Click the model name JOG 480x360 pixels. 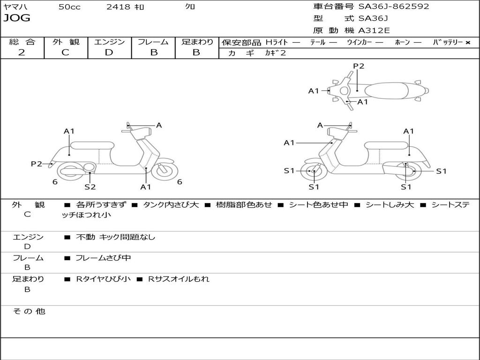click(x=17, y=18)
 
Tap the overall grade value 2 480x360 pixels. click(x=22, y=52)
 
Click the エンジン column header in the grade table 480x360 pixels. click(x=109, y=42)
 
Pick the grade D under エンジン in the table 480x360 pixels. click(x=109, y=52)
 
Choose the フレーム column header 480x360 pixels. click(x=153, y=42)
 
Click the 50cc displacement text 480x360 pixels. click(x=69, y=7)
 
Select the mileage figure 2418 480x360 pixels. click(x=118, y=7)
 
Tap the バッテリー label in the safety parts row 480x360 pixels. click(x=448, y=43)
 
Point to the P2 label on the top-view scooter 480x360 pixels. click(x=359, y=66)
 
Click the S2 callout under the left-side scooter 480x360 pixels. click(x=90, y=187)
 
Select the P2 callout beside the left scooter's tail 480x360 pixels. click(x=37, y=164)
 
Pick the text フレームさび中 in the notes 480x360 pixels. click(x=103, y=258)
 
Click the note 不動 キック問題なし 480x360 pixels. click(x=115, y=237)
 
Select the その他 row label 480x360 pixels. click(x=29, y=311)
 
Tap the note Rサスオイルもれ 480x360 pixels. click(x=179, y=279)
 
